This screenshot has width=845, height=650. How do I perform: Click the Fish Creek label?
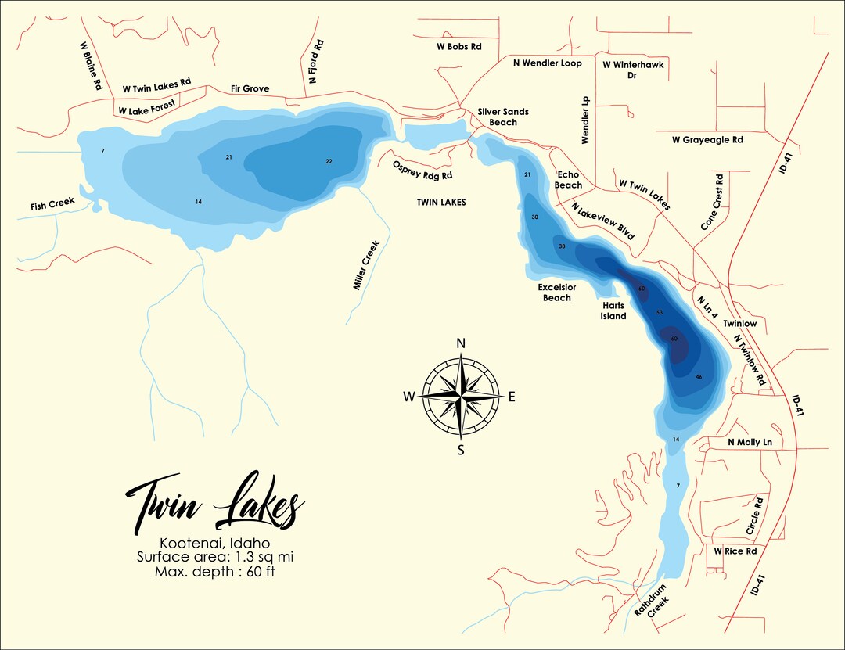coord(53,206)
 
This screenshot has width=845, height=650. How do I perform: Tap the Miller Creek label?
coord(365,265)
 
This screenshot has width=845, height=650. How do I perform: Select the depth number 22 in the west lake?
coord(329,161)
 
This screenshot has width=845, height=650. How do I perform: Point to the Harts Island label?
coord(613,311)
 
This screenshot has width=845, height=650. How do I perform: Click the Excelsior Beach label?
coord(557,293)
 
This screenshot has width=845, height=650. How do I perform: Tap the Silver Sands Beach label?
coord(503,117)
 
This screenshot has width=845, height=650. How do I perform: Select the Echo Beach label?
coord(569,180)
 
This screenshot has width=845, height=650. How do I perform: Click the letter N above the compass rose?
coord(462,344)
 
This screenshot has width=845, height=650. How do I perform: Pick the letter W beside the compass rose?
coord(409,397)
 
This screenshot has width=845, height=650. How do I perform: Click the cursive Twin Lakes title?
coord(214,504)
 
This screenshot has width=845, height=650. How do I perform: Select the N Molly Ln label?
coord(750,443)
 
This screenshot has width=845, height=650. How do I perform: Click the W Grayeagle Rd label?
coord(707,140)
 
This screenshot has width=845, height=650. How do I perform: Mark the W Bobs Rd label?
coord(458,47)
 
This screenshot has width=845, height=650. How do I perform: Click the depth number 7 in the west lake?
coord(102,150)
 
